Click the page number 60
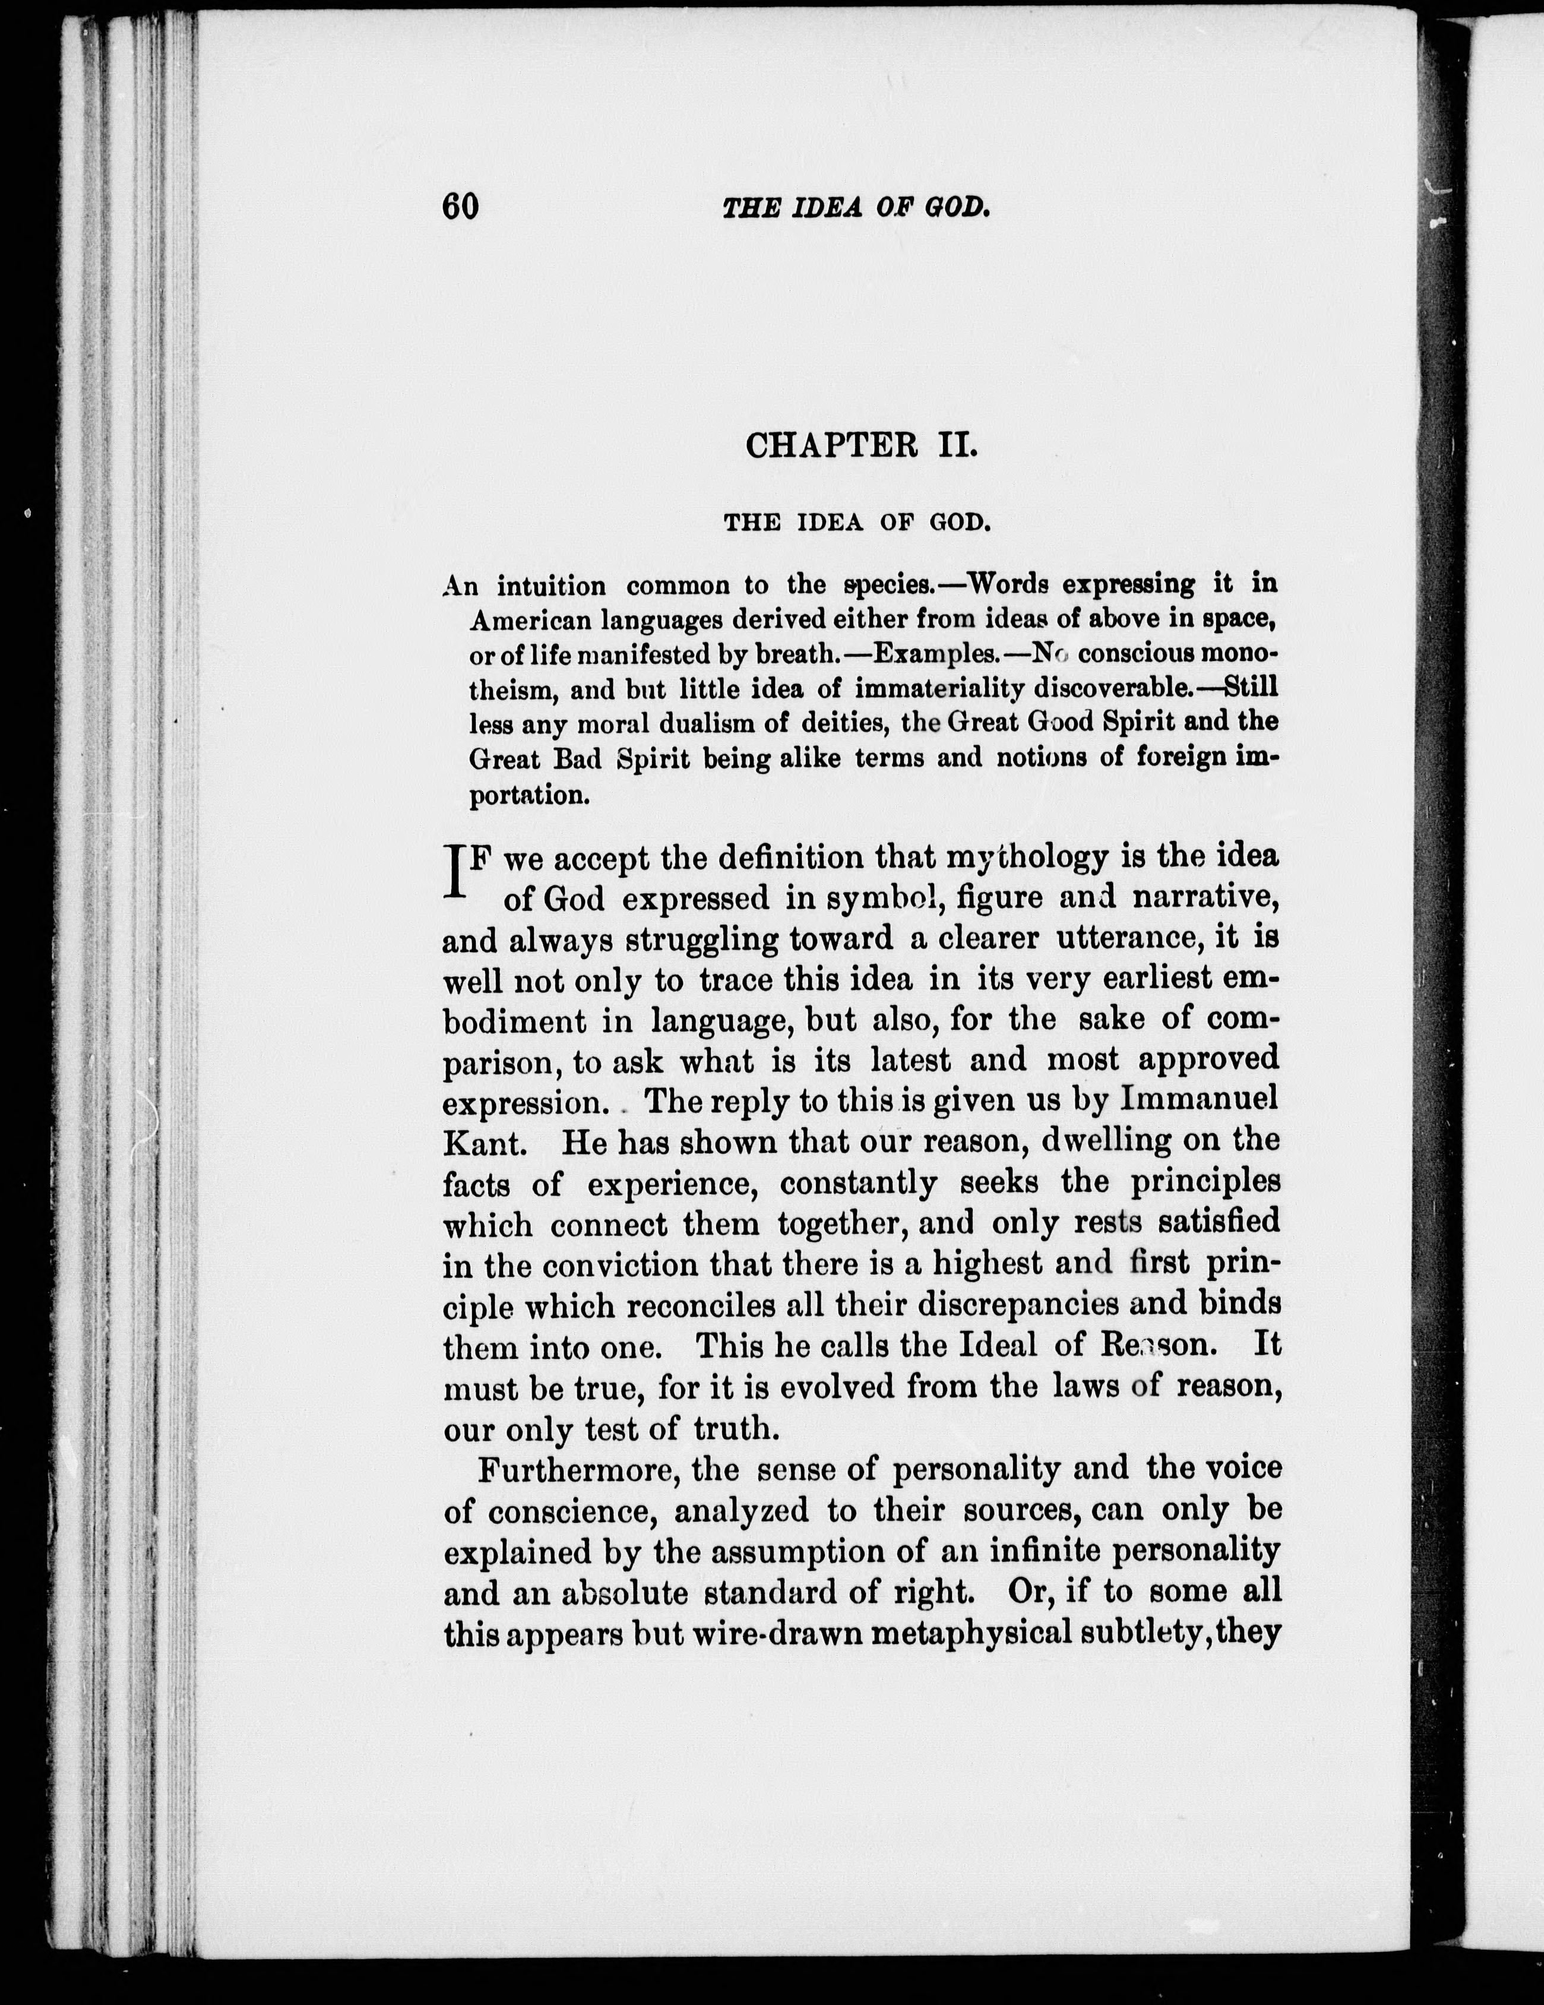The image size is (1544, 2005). point(460,207)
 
